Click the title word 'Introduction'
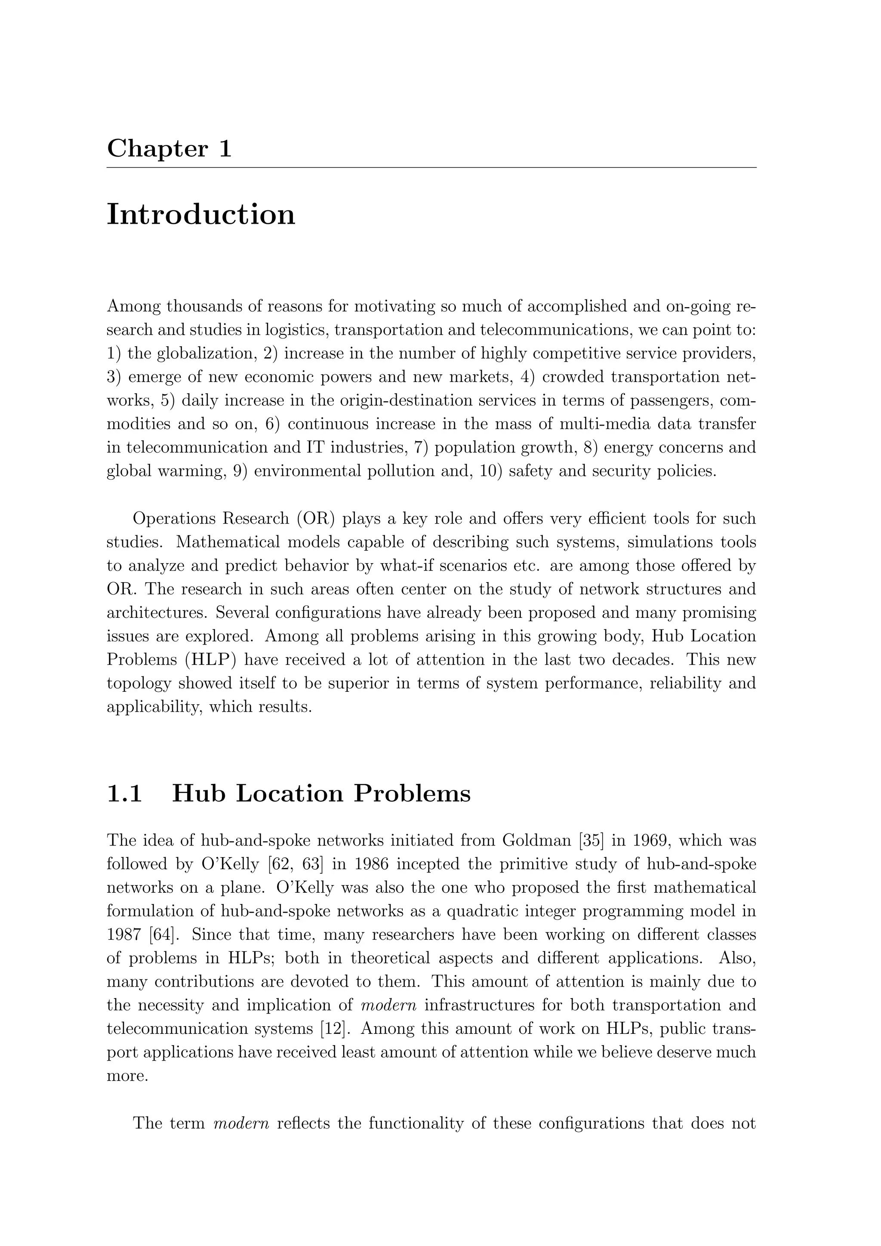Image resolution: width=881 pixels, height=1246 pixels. (x=201, y=214)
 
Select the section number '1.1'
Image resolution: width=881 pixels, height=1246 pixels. (x=124, y=794)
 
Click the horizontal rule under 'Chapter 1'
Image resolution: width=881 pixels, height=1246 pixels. (x=431, y=168)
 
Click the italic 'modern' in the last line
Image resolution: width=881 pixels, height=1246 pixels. (x=241, y=1123)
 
